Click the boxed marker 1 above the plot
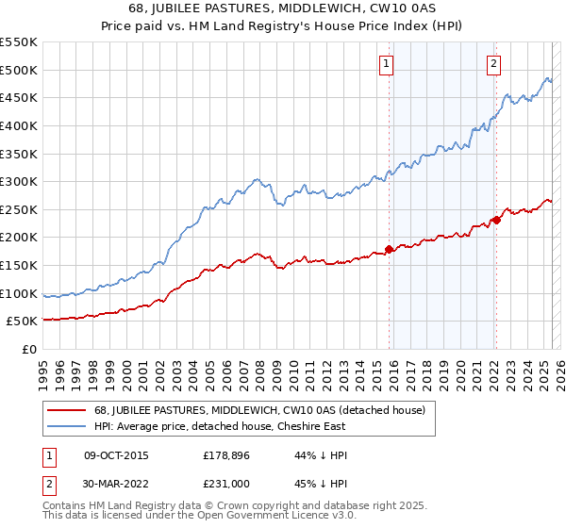tap(387, 64)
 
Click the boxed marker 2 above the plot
tap(493, 64)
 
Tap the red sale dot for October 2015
tap(390, 250)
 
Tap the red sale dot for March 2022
tap(497, 221)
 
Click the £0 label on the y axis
tap(28, 349)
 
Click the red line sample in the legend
tap(68, 410)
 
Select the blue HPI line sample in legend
tap(68, 426)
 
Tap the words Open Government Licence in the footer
tap(254, 516)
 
